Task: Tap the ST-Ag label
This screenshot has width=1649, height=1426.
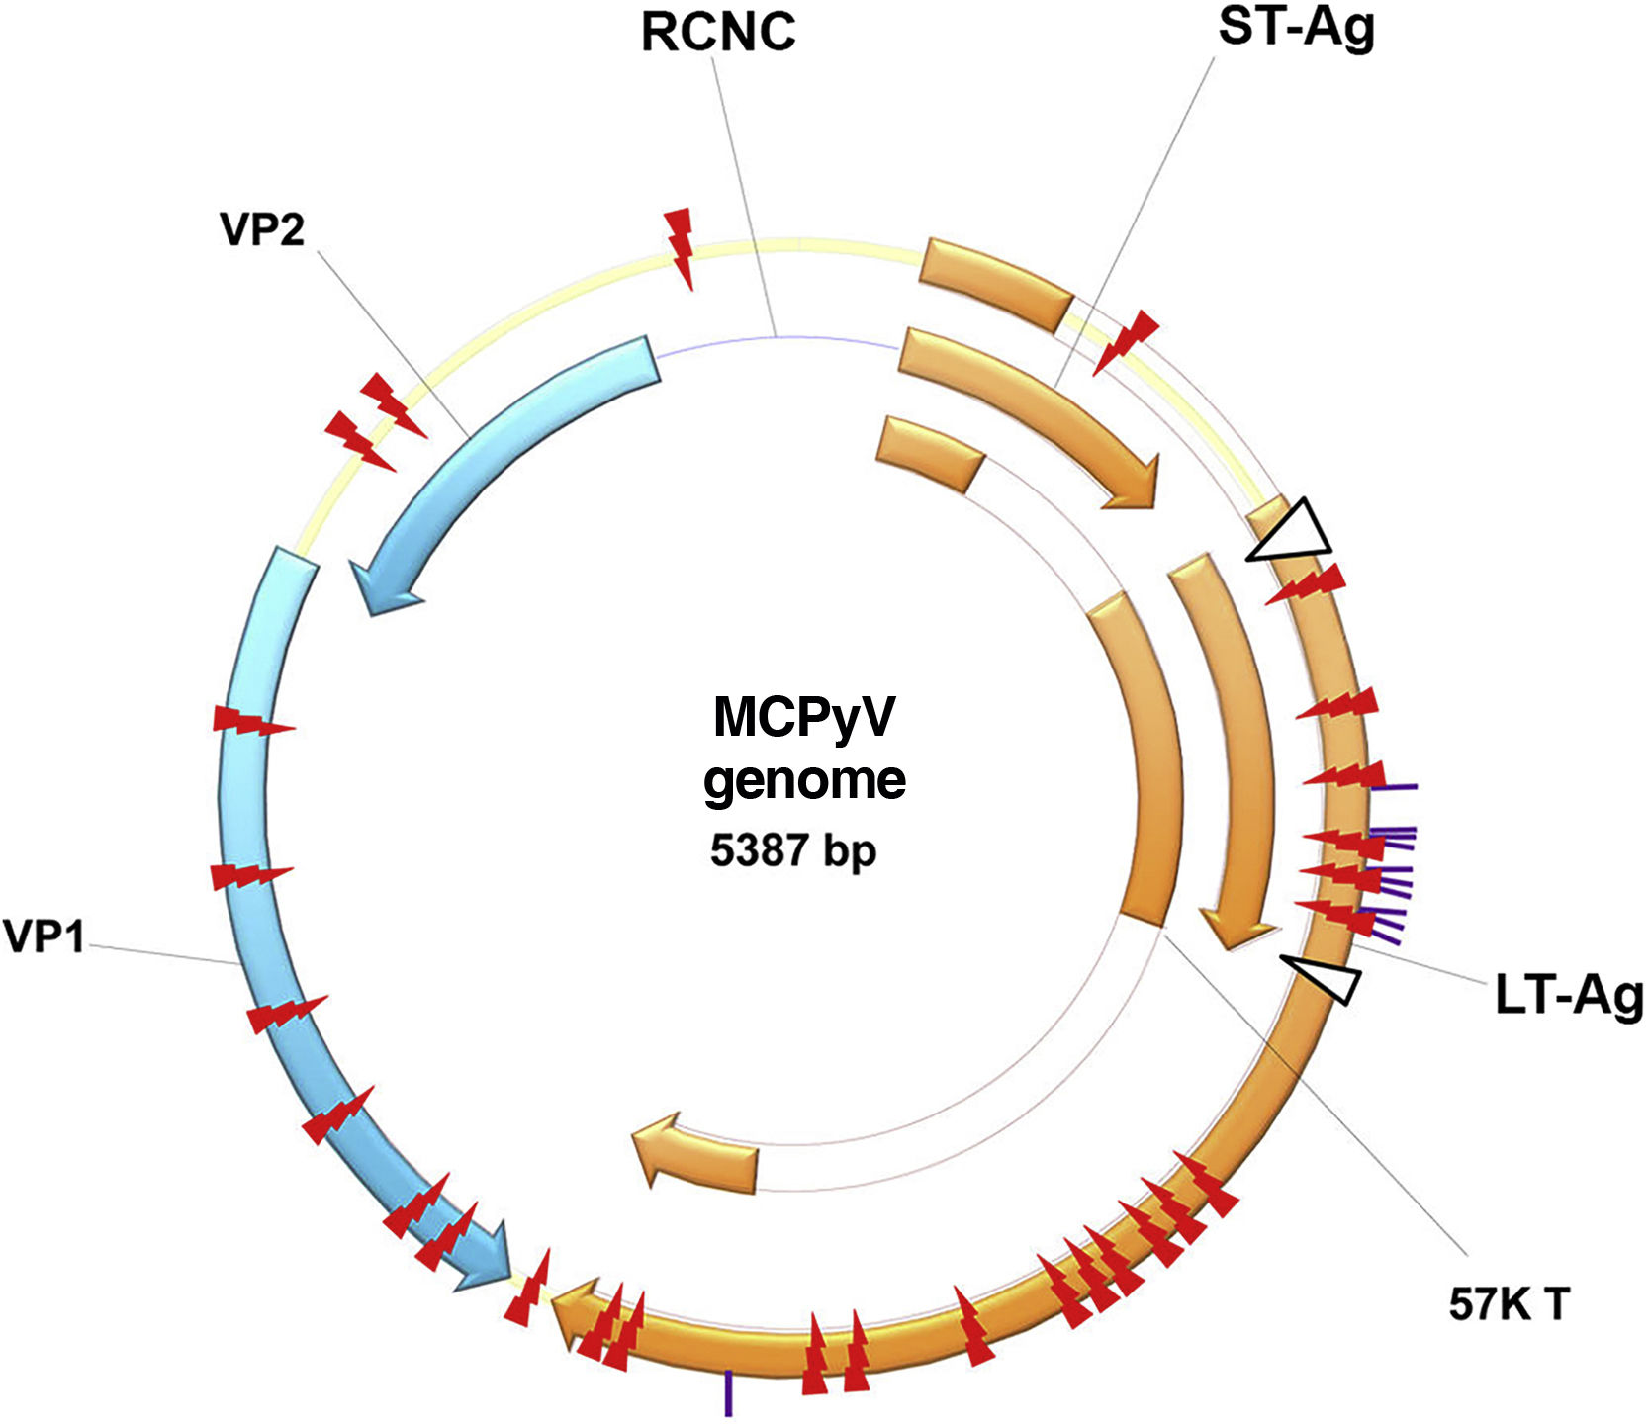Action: (x=1296, y=27)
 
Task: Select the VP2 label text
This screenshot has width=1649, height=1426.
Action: (x=262, y=229)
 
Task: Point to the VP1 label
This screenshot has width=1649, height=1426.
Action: (x=44, y=936)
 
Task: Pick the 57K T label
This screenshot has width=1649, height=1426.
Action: (x=1509, y=1304)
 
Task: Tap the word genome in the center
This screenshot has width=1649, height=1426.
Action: (x=803, y=780)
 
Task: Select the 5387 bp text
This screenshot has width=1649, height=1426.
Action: (x=792, y=849)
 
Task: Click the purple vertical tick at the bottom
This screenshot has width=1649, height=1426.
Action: (x=729, y=1392)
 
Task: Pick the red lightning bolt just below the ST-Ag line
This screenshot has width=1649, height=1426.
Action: (x=1125, y=341)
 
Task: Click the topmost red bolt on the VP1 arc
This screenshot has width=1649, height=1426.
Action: (x=252, y=721)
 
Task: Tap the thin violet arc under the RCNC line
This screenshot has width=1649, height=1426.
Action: (x=777, y=338)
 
